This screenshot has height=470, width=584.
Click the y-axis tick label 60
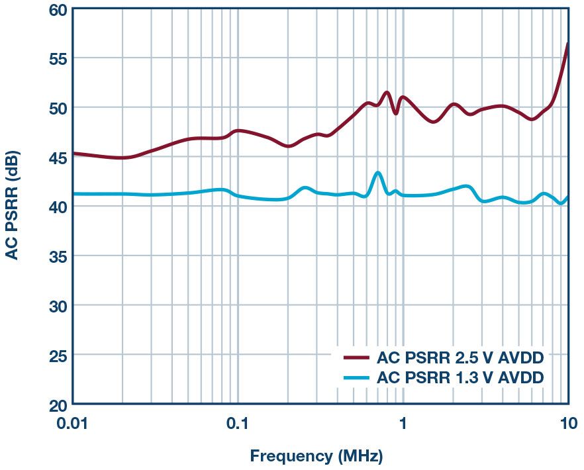(x=56, y=11)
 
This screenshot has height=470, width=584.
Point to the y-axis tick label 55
(x=56, y=59)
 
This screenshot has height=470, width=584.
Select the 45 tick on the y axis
(x=56, y=158)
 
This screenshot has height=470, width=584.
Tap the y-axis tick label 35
(x=56, y=256)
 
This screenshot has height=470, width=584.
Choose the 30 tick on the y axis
(x=56, y=306)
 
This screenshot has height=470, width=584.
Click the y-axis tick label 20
(x=56, y=404)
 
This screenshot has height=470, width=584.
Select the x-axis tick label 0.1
(x=237, y=423)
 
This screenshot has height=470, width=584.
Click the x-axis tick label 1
(x=403, y=423)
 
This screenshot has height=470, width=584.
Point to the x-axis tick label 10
(x=566, y=423)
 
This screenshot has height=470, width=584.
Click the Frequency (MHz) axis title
(x=316, y=456)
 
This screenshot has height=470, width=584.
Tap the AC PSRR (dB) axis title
(x=13, y=206)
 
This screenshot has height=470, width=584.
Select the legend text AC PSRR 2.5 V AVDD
(x=460, y=358)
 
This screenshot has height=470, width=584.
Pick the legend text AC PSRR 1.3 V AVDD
(x=460, y=378)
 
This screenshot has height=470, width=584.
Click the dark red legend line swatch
(x=356, y=358)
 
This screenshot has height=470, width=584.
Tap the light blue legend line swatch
(x=356, y=378)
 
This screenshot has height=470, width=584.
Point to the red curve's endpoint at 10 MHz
(x=567, y=44)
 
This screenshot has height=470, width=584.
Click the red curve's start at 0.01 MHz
(x=73, y=154)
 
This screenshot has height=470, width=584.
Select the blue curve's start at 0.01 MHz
(x=73, y=194)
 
